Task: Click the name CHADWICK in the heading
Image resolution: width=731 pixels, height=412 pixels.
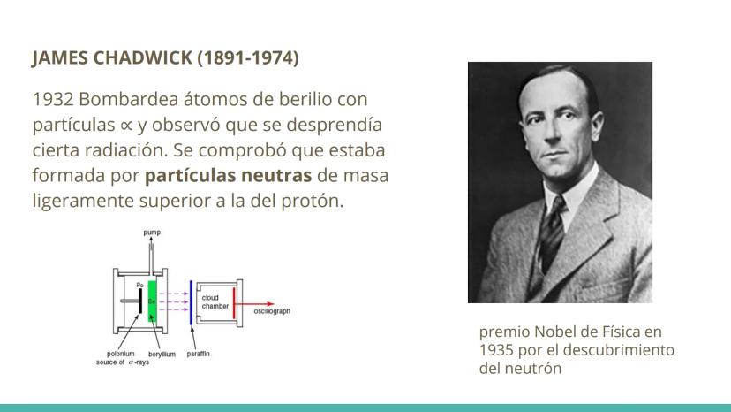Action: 143,58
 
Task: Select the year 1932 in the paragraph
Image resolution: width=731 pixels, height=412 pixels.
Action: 53,99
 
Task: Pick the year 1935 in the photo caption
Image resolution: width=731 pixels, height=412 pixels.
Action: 496,350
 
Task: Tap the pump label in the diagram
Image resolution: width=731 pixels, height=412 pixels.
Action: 152,233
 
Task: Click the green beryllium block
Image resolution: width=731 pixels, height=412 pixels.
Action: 153,301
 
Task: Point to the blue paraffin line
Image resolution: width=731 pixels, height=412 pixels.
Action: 191,302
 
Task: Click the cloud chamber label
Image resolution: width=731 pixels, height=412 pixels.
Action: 215,302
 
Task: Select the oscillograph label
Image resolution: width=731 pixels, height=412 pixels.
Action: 272,311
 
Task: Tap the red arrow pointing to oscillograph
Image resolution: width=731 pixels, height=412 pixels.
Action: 254,304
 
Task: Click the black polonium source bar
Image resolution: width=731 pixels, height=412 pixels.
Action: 140,301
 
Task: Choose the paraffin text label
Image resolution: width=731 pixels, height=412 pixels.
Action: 198,354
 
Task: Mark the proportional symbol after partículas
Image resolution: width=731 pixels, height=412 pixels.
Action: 126,126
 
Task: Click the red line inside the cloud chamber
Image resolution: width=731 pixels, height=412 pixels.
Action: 234,303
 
